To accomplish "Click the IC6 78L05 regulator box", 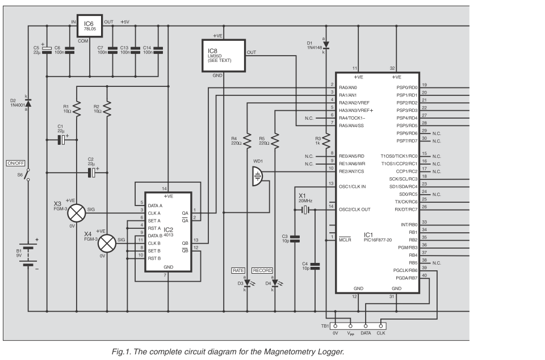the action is tap(90, 26).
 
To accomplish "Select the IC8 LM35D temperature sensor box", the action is tap(224, 56).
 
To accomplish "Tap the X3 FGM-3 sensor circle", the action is tap(77, 213).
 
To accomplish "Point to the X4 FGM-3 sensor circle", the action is tap(107, 243).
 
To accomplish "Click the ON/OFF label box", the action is tap(16, 163).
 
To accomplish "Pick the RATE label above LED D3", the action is tap(238, 270).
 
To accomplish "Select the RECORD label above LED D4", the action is tap(262, 270).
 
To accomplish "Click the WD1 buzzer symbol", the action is tap(257, 176).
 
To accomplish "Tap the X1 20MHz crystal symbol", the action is tap(305, 210).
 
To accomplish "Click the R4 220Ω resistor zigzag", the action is tap(247, 141).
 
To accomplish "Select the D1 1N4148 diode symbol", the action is tap(326, 44).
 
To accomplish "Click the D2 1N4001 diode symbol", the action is tap(28, 103).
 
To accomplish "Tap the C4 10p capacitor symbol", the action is tap(315, 266).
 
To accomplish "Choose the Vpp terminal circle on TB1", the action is tap(350, 326).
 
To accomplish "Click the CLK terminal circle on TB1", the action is tap(380, 326).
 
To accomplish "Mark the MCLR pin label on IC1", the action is tap(345, 240).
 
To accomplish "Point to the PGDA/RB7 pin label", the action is tap(406, 278).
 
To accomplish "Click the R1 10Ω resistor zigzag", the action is tap(77, 109).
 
